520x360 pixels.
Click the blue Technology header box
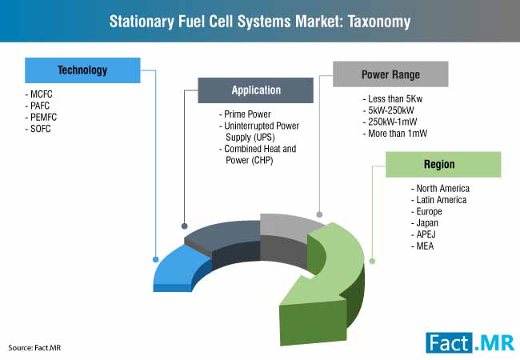click(x=82, y=70)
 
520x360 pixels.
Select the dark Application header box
click(x=256, y=90)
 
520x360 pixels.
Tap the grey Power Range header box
click(x=390, y=74)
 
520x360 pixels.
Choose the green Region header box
click(x=443, y=165)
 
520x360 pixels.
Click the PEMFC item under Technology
click(x=41, y=117)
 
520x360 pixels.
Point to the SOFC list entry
click(x=38, y=129)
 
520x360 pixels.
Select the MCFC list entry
click(x=39, y=94)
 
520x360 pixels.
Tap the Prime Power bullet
click(x=245, y=114)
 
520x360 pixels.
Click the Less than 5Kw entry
click(x=393, y=98)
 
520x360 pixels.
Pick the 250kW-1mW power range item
click(x=390, y=122)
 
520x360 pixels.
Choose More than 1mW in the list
click(x=395, y=134)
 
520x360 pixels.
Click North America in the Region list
click(x=440, y=188)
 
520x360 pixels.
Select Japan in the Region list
click(x=425, y=222)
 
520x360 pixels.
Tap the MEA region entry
click(x=422, y=246)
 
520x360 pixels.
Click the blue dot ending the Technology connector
click(x=155, y=259)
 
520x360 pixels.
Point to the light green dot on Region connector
click(x=372, y=262)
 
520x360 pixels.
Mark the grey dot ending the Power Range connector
click(x=319, y=214)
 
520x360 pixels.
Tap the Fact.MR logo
click(x=470, y=342)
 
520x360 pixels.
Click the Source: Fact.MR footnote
click(x=34, y=348)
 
